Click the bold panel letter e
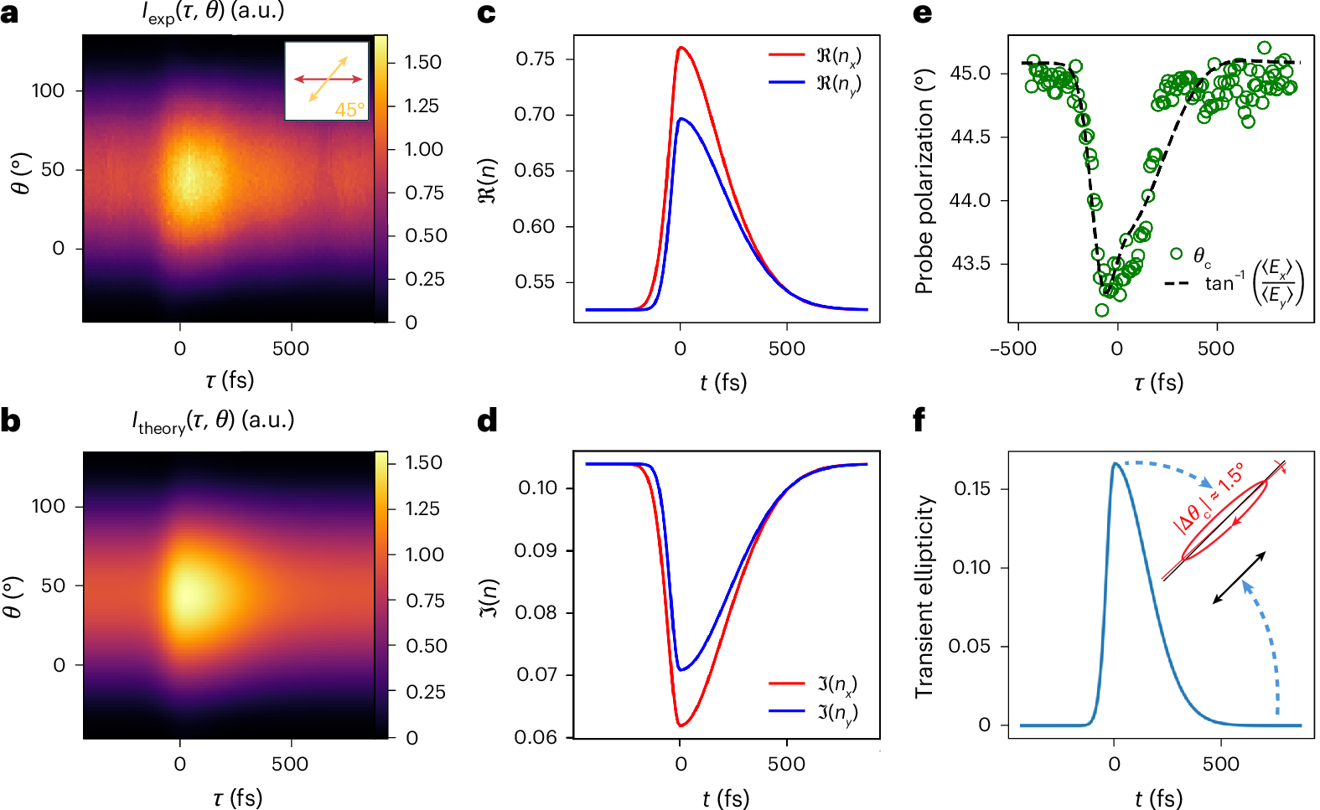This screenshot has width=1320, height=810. point(922,14)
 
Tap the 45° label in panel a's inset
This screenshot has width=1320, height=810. point(349,110)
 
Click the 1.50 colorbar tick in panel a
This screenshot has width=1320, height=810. point(422,63)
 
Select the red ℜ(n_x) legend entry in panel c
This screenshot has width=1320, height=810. point(814,55)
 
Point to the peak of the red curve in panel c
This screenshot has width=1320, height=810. point(681,48)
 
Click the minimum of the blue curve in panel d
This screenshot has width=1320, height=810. point(681,670)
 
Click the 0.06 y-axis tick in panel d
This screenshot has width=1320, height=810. point(536,737)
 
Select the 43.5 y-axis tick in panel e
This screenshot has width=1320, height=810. point(970,264)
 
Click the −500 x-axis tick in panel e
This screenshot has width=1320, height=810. point(1013,348)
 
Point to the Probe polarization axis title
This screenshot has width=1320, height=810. point(924,182)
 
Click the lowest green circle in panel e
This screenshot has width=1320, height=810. point(1102,310)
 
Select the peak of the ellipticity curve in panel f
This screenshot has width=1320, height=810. point(1115,463)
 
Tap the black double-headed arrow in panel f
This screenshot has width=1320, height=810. point(1239,578)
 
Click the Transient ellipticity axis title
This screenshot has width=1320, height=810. point(924,596)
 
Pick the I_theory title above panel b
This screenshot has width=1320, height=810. point(213,421)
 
